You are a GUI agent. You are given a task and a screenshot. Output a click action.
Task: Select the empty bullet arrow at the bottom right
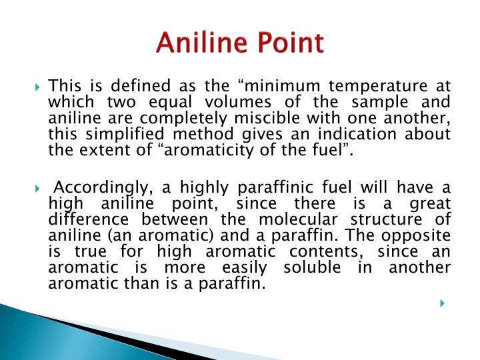(x=442, y=304)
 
